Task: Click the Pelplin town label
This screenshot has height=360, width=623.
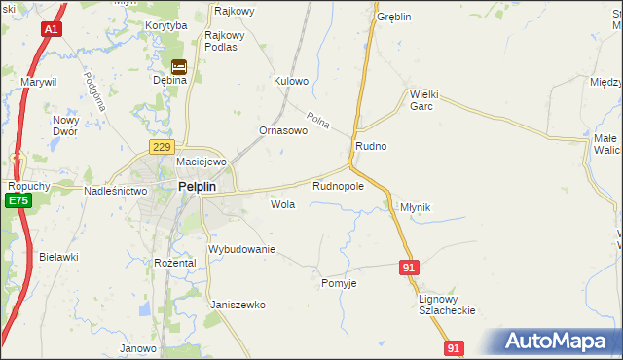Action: pyautogui.click(x=197, y=188)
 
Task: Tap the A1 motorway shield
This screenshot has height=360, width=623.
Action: pyautogui.click(x=51, y=30)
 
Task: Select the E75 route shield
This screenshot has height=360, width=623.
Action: pyautogui.click(x=17, y=200)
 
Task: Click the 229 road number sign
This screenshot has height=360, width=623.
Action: pyautogui.click(x=162, y=146)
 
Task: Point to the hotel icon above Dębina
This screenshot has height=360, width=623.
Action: pyautogui.click(x=179, y=66)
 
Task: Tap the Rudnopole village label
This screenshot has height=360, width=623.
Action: pyautogui.click(x=338, y=185)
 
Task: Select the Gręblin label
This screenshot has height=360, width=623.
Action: pyautogui.click(x=394, y=18)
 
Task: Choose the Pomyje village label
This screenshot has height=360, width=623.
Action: pyautogui.click(x=339, y=283)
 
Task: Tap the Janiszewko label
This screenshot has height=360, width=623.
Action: pyautogui.click(x=238, y=305)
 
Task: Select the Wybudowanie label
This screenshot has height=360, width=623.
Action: pyautogui.click(x=242, y=249)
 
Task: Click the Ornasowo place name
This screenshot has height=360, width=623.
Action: pyautogui.click(x=283, y=130)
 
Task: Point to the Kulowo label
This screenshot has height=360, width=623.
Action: pyautogui.click(x=291, y=81)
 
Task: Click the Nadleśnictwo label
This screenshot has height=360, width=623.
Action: pyautogui.click(x=115, y=192)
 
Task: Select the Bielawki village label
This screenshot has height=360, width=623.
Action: pyautogui.click(x=58, y=257)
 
